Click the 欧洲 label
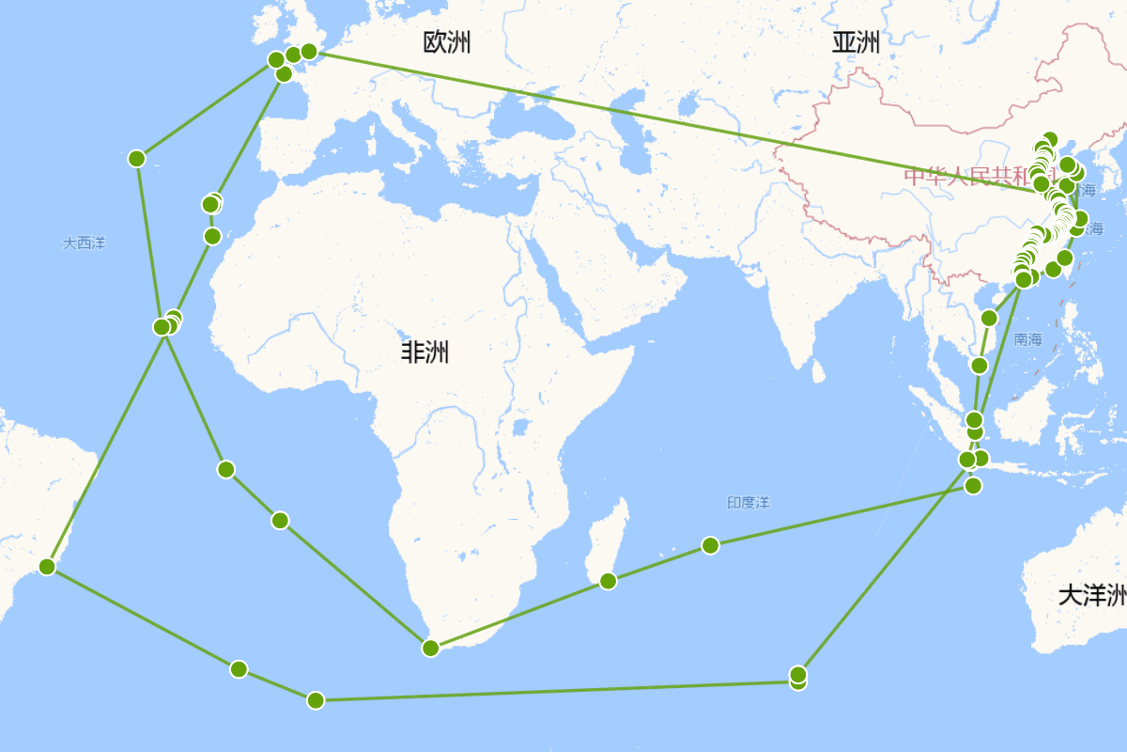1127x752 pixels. [447, 42]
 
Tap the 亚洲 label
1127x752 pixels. [856, 42]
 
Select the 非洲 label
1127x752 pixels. [425, 352]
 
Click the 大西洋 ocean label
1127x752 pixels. [85, 243]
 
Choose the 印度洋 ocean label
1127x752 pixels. [748, 503]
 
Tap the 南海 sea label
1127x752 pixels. [1028, 339]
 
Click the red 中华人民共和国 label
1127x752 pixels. [967, 176]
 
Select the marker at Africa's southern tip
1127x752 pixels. [430, 648]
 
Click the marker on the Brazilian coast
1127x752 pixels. [47, 566]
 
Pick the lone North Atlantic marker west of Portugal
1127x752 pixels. [136, 158]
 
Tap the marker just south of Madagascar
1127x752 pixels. [608, 581]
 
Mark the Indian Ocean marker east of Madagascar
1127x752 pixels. [710, 545]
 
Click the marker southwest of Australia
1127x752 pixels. [798, 675]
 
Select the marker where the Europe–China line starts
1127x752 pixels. [309, 51]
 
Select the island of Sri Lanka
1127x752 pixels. [818, 372]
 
